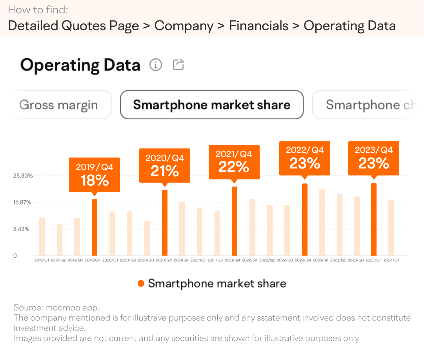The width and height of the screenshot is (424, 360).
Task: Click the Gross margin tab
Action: point(59,105)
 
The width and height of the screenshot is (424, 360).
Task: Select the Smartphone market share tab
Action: point(212,105)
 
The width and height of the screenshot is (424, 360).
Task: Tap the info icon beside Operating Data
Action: point(156,65)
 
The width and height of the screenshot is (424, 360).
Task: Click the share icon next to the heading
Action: point(178,65)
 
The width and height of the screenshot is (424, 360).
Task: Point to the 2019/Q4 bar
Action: point(95,227)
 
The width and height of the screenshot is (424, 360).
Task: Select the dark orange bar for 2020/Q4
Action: point(165,223)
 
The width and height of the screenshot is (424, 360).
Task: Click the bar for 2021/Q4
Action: point(235,221)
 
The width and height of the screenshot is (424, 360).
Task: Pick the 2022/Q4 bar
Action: point(305,219)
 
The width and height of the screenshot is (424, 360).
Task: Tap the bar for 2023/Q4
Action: point(374,219)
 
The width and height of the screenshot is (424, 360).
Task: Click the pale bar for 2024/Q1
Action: point(391,228)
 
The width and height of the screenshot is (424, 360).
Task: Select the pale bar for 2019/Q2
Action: point(60,240)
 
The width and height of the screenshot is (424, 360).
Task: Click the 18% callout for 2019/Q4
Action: point(95,175)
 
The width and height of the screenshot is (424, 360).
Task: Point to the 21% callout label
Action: point(165,166)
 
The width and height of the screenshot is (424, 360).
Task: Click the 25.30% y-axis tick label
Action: point(23,175)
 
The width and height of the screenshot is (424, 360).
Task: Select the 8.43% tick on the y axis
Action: point(21,229)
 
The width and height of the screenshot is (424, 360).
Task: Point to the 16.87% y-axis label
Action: point(22,202)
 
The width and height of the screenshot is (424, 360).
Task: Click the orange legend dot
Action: point(141,283)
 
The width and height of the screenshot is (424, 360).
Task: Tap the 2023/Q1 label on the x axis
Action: point(321,260)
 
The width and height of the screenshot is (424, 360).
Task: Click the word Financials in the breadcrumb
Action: point(258,26)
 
